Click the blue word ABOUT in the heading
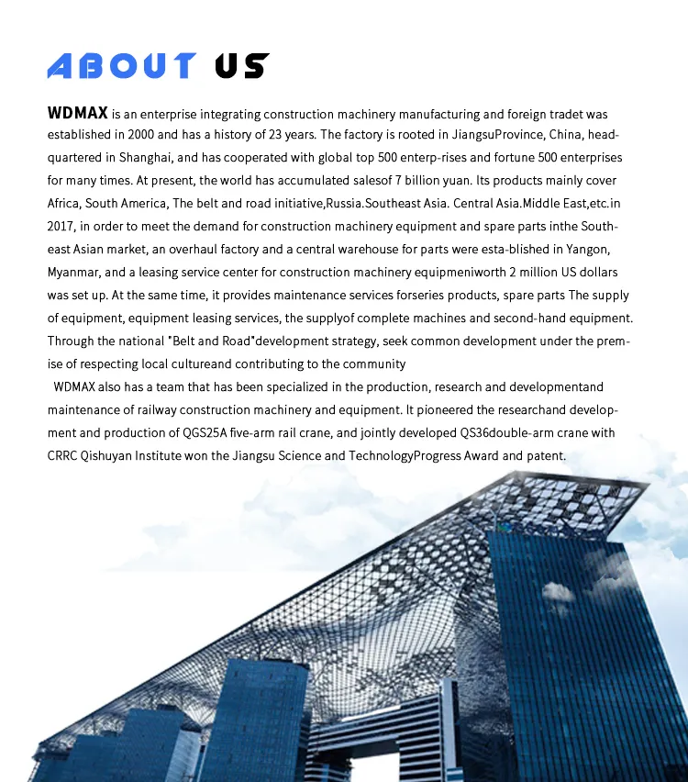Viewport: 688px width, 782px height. [x=121, y=65]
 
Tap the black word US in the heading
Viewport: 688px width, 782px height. [x=241, y=65]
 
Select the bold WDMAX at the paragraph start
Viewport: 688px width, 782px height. [x=78, y=114]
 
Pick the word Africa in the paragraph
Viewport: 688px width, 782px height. [x=63, y=203]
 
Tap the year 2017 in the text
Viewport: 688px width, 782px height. [x=61, y=226]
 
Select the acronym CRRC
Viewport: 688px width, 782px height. [x=63, y=455]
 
